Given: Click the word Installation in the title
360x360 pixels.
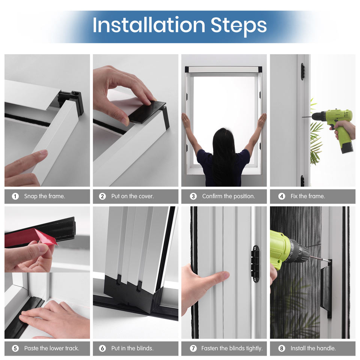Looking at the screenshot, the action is (149, 25).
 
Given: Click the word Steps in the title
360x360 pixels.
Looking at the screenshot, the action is (239, 26).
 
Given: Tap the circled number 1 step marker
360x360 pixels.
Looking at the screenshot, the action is (15, 196).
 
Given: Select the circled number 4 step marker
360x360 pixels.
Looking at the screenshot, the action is (282, 196).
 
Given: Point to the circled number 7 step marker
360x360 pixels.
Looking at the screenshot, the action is (193, 348).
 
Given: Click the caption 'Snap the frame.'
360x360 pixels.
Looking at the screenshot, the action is (45, 196).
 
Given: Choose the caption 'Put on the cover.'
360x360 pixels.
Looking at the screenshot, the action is (132, 196).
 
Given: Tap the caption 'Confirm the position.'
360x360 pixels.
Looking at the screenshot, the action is (228, 196).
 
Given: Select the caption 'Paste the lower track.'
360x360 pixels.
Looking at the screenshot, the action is (52, 348).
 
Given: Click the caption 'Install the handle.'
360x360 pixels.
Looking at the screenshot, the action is (313, 348).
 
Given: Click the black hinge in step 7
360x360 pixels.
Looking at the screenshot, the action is (255, 264).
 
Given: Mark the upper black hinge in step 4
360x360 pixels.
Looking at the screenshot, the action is (303, 72).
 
